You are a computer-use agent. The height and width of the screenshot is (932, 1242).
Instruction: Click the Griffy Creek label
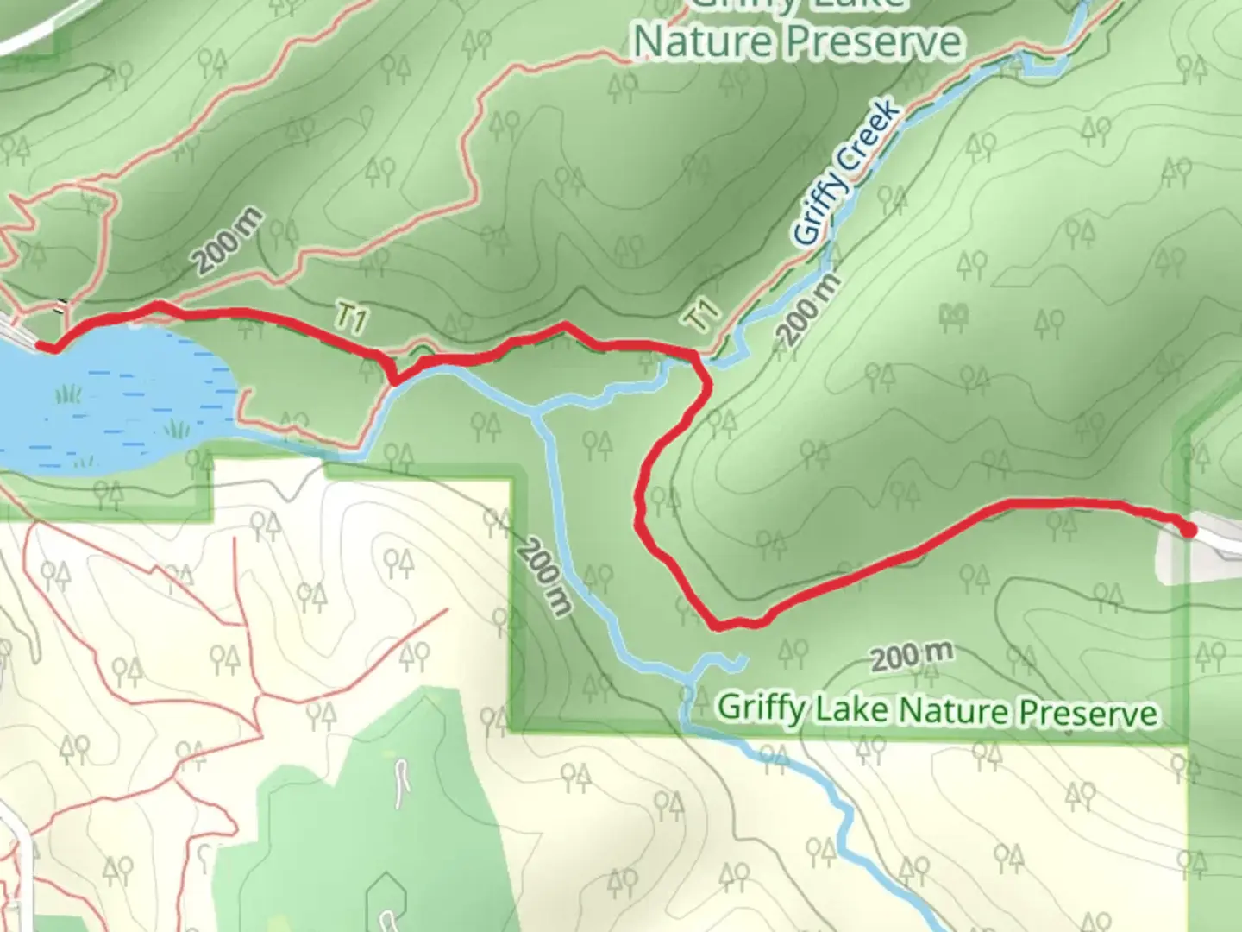[x=845, y=173]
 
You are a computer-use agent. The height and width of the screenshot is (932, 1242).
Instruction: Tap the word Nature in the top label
[x=697, y=41]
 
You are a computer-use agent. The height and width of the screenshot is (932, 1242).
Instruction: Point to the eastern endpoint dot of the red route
[x=1189, y=530]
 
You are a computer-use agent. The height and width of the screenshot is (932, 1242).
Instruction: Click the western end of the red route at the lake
[x=49, y=347]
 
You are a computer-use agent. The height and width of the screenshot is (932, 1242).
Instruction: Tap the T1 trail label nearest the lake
[x=349, y=319]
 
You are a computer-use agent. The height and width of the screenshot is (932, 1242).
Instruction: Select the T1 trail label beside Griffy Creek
[x=702, y=315]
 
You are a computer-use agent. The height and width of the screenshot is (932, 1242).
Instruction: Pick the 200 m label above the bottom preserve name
[x=911, y=657]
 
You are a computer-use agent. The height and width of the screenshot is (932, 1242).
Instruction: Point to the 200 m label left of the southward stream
[x=545, y=576]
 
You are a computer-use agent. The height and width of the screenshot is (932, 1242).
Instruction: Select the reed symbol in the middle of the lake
[x=177, y=428]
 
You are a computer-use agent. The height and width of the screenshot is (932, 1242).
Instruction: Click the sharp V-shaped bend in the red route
[x=393, y=378]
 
